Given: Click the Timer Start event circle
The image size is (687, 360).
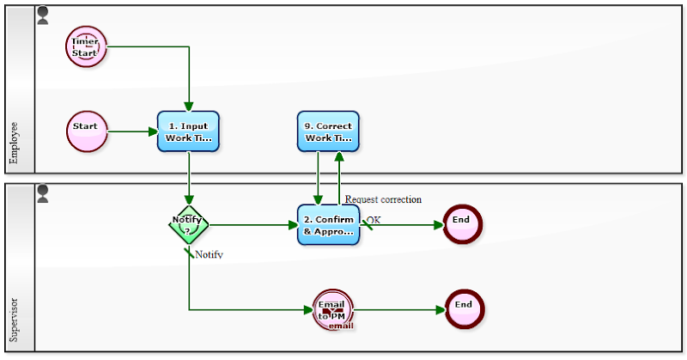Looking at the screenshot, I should (86, 46).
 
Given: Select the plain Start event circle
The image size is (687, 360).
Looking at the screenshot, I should (86, 131).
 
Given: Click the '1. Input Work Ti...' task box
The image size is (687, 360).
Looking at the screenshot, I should (188, 131).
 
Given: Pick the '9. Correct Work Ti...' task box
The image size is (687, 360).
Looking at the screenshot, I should (328, 131).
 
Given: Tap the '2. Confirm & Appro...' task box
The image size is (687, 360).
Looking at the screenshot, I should (328, 224).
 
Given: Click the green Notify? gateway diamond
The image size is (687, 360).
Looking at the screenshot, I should (188, 224).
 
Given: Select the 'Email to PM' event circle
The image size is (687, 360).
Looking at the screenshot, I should (333, 309).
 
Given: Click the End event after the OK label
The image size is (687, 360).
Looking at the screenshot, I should (462, 224).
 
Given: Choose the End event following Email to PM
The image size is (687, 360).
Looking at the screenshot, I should (465, 309).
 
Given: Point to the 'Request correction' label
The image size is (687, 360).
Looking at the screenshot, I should (383, 199).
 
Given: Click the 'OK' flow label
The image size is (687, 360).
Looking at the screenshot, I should (374, 220).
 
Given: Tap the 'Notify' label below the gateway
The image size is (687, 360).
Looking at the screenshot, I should (209, 254).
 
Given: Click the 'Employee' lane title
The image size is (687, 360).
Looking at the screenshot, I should (15, 142).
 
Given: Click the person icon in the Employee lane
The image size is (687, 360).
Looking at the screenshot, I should (43, 15).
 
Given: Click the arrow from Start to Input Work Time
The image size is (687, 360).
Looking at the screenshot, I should (132, 131).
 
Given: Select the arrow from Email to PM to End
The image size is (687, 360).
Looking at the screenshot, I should (399, 309).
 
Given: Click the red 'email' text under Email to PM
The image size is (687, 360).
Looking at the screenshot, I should (341, 326).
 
